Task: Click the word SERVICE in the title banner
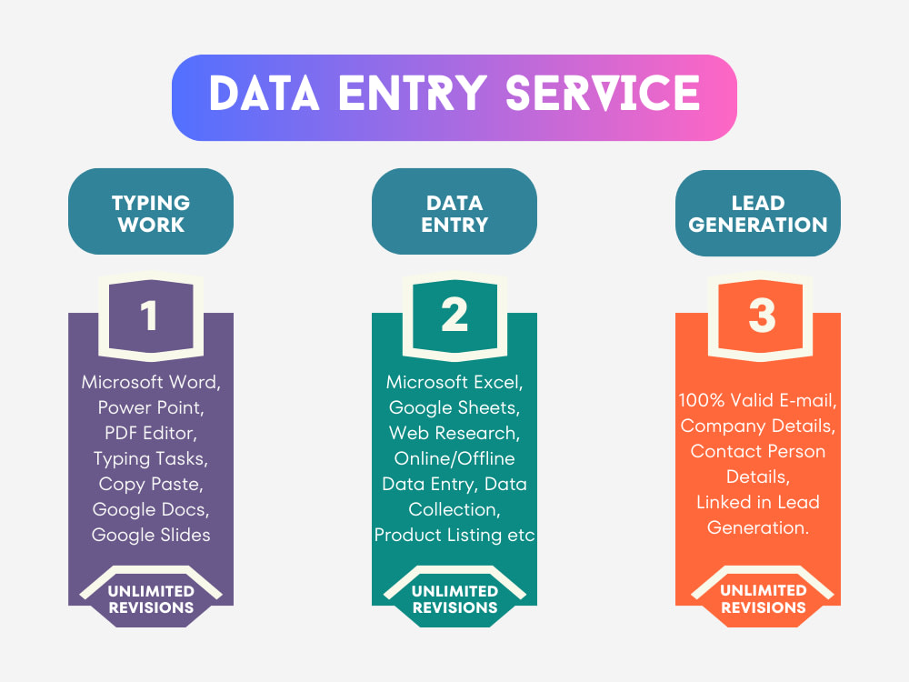(603, 93)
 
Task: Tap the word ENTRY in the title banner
(412, 93)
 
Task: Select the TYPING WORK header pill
(151, 212)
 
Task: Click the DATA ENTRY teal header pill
(454, 212)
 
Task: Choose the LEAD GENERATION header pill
(758, 213)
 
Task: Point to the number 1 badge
(151, 316)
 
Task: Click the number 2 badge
(454, 316)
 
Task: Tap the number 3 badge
(761, 316)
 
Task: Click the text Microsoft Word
(151, 382)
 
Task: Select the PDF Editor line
(151, 433)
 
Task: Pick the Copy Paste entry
(151, 485)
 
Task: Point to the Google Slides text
(151, 535)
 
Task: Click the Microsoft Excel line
(454, 382)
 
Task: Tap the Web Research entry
(454, 433)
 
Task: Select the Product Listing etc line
(454, 535)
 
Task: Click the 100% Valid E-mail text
(758, 400)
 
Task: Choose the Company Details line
(758, 426)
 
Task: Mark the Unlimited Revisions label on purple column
(151, 599)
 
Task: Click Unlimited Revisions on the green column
(454, 599)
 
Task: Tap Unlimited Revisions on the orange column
(763, 599)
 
